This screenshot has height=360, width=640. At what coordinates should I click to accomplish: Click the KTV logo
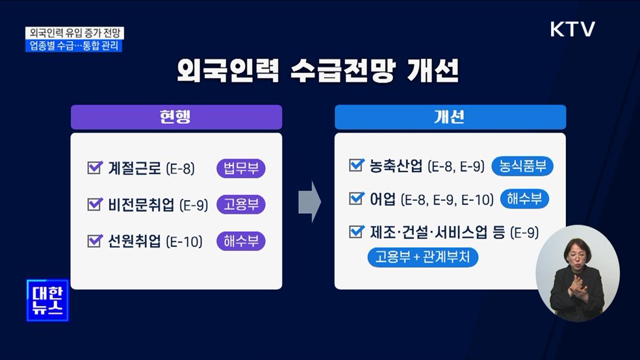click(572, 30)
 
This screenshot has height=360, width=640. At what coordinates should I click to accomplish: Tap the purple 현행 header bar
click(176, 117)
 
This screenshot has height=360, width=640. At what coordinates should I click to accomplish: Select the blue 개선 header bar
click(450, 117)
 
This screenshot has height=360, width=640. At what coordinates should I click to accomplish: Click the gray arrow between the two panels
click(310, 202)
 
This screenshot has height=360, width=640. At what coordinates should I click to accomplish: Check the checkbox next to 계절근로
click(94, 168)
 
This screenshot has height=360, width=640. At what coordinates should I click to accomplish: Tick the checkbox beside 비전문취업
click(94, 205)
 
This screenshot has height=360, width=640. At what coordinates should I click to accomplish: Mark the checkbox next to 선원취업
click(94, 242)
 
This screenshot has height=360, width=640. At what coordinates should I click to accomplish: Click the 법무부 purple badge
click(241, 168)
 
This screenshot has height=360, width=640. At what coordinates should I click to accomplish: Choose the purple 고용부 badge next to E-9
click(241, 205)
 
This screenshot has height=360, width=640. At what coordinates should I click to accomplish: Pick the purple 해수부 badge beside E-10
click(241, 242)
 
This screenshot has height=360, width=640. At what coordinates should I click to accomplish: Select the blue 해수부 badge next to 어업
click(524, 199)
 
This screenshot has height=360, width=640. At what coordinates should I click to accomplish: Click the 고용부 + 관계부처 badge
click(423, 257)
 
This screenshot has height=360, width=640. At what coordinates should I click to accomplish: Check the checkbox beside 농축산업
click(355, 166)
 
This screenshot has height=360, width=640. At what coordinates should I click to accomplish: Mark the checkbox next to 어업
click(355, 198)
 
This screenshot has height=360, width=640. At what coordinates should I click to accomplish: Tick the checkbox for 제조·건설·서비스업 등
click(355, 231)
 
